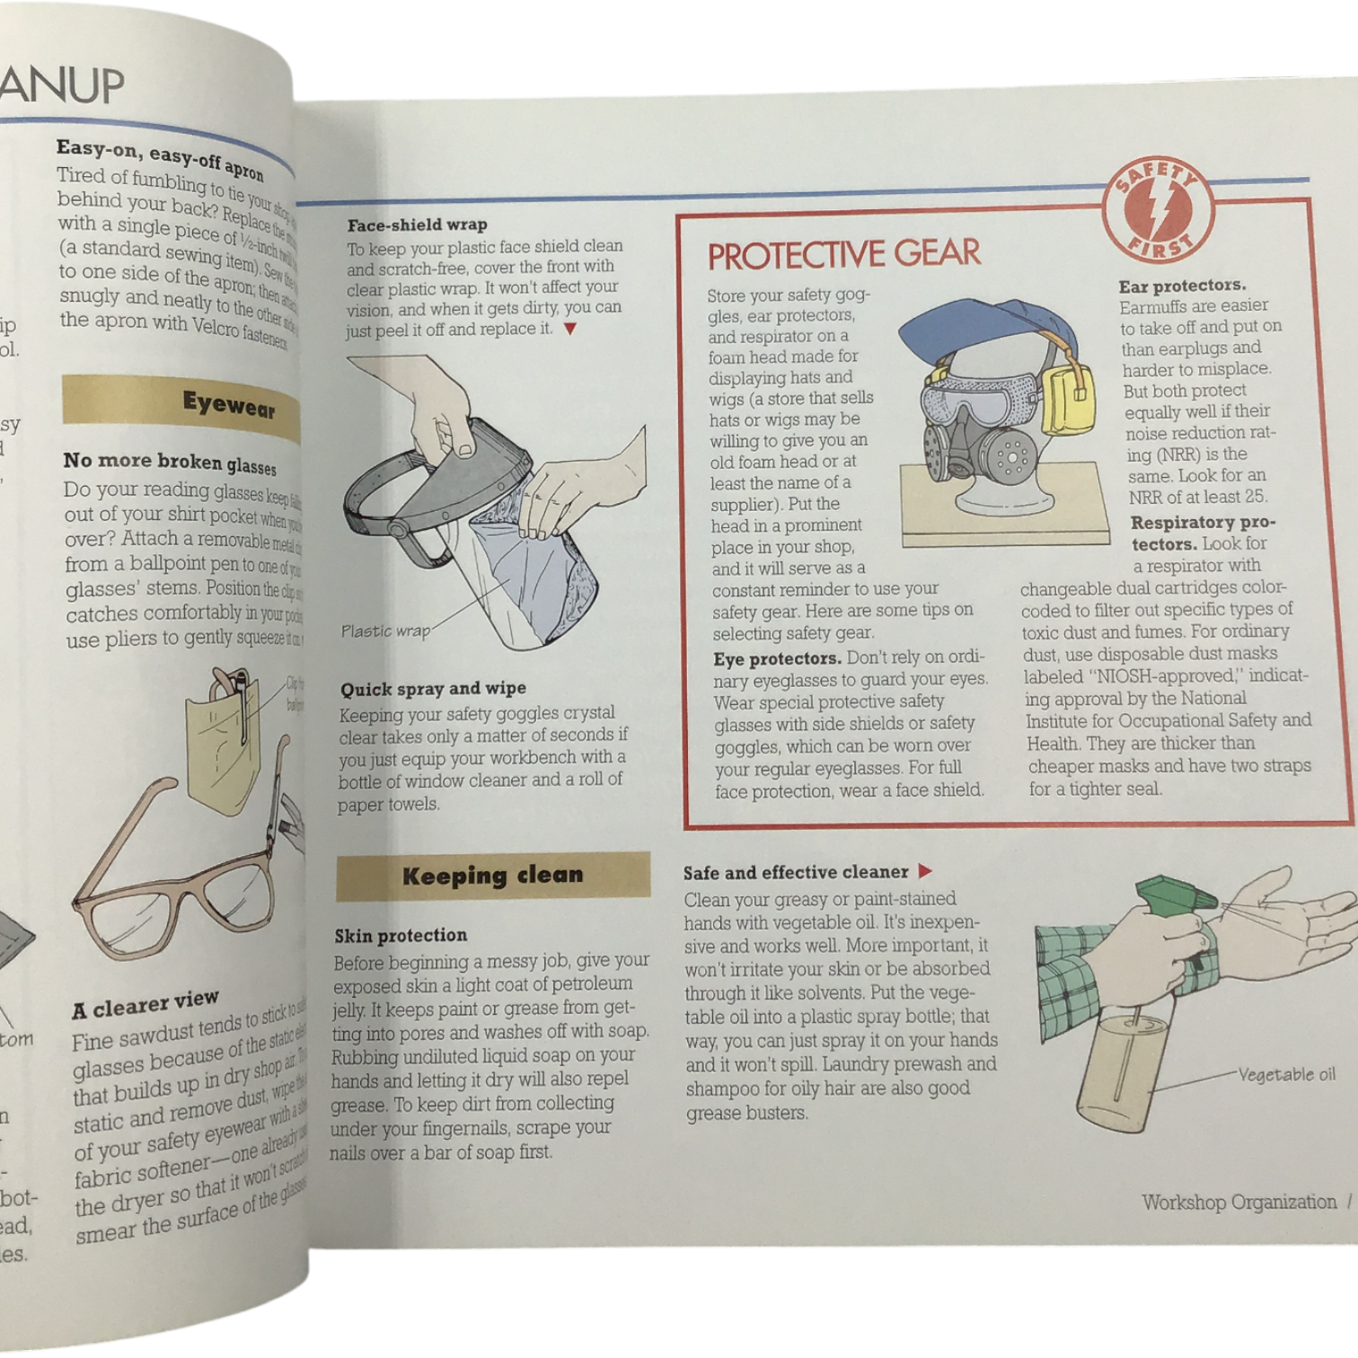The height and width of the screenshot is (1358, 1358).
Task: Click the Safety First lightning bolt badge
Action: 1159,210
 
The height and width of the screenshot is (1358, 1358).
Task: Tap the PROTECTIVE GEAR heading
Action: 843,255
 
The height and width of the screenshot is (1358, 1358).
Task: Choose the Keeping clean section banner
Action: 492,876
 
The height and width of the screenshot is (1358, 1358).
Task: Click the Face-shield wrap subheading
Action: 417,225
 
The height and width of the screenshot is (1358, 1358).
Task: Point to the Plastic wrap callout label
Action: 385,631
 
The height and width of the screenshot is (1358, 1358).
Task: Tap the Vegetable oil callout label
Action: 1286,1074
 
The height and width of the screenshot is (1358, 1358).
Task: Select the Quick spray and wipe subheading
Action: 433,689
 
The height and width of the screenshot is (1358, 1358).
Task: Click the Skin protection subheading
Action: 401,936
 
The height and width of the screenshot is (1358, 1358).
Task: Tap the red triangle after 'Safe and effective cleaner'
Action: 925,871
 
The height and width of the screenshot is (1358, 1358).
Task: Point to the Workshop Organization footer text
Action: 1239,1202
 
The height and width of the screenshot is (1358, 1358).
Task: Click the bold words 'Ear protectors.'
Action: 1182,286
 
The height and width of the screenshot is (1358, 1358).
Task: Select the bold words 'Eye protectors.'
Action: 777,658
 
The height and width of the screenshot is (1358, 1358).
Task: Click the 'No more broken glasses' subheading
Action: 170,463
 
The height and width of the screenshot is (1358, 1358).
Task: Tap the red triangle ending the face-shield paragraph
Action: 569,330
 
